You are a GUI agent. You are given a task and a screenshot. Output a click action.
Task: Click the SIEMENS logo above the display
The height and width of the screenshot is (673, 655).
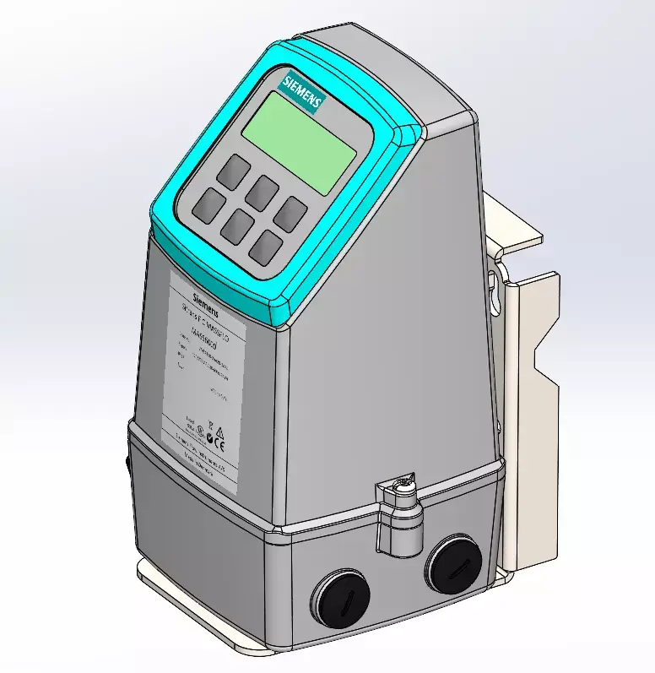point(302,90)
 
